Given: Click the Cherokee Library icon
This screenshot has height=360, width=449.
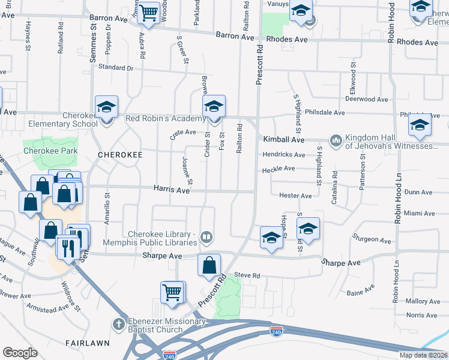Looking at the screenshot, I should tap(206, 238).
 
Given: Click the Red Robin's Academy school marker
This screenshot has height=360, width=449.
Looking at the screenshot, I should tap(213, 107).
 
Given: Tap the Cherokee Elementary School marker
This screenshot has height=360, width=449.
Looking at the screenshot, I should tap(106, 109).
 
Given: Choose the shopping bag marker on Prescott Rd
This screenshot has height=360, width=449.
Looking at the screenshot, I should tap(209, 265).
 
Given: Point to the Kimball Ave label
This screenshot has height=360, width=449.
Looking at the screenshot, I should tap(284, 139).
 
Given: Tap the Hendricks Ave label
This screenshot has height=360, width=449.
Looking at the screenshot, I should tap(283, 155).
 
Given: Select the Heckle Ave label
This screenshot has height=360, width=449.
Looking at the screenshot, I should tap(278, 169).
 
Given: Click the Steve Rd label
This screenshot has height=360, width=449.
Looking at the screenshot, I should tap(247, 275).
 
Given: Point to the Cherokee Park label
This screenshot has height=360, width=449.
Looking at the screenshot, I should tap(48, 151).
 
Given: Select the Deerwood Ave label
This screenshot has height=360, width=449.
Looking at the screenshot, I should tap(369, 100).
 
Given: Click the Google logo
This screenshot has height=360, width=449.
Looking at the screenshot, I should tap(20, 353).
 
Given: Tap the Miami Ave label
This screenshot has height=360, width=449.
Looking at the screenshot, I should tap(420, 214).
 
